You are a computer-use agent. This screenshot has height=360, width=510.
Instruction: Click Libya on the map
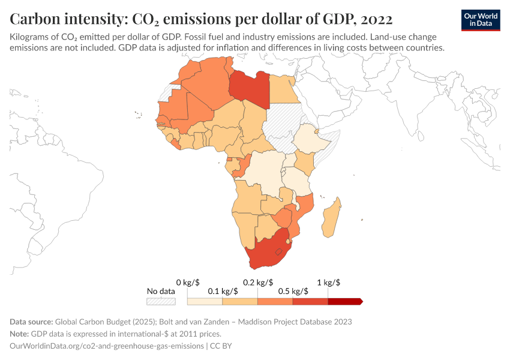249,89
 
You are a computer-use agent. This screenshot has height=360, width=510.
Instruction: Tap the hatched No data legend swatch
161,301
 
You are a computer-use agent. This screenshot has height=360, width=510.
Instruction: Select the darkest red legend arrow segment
346,301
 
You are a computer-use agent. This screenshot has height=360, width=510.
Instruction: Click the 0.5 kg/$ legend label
293,291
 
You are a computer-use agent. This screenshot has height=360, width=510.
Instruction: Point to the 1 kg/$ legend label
329,282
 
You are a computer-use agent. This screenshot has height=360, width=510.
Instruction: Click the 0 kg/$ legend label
188,282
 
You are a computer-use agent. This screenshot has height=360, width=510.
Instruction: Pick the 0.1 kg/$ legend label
223,291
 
